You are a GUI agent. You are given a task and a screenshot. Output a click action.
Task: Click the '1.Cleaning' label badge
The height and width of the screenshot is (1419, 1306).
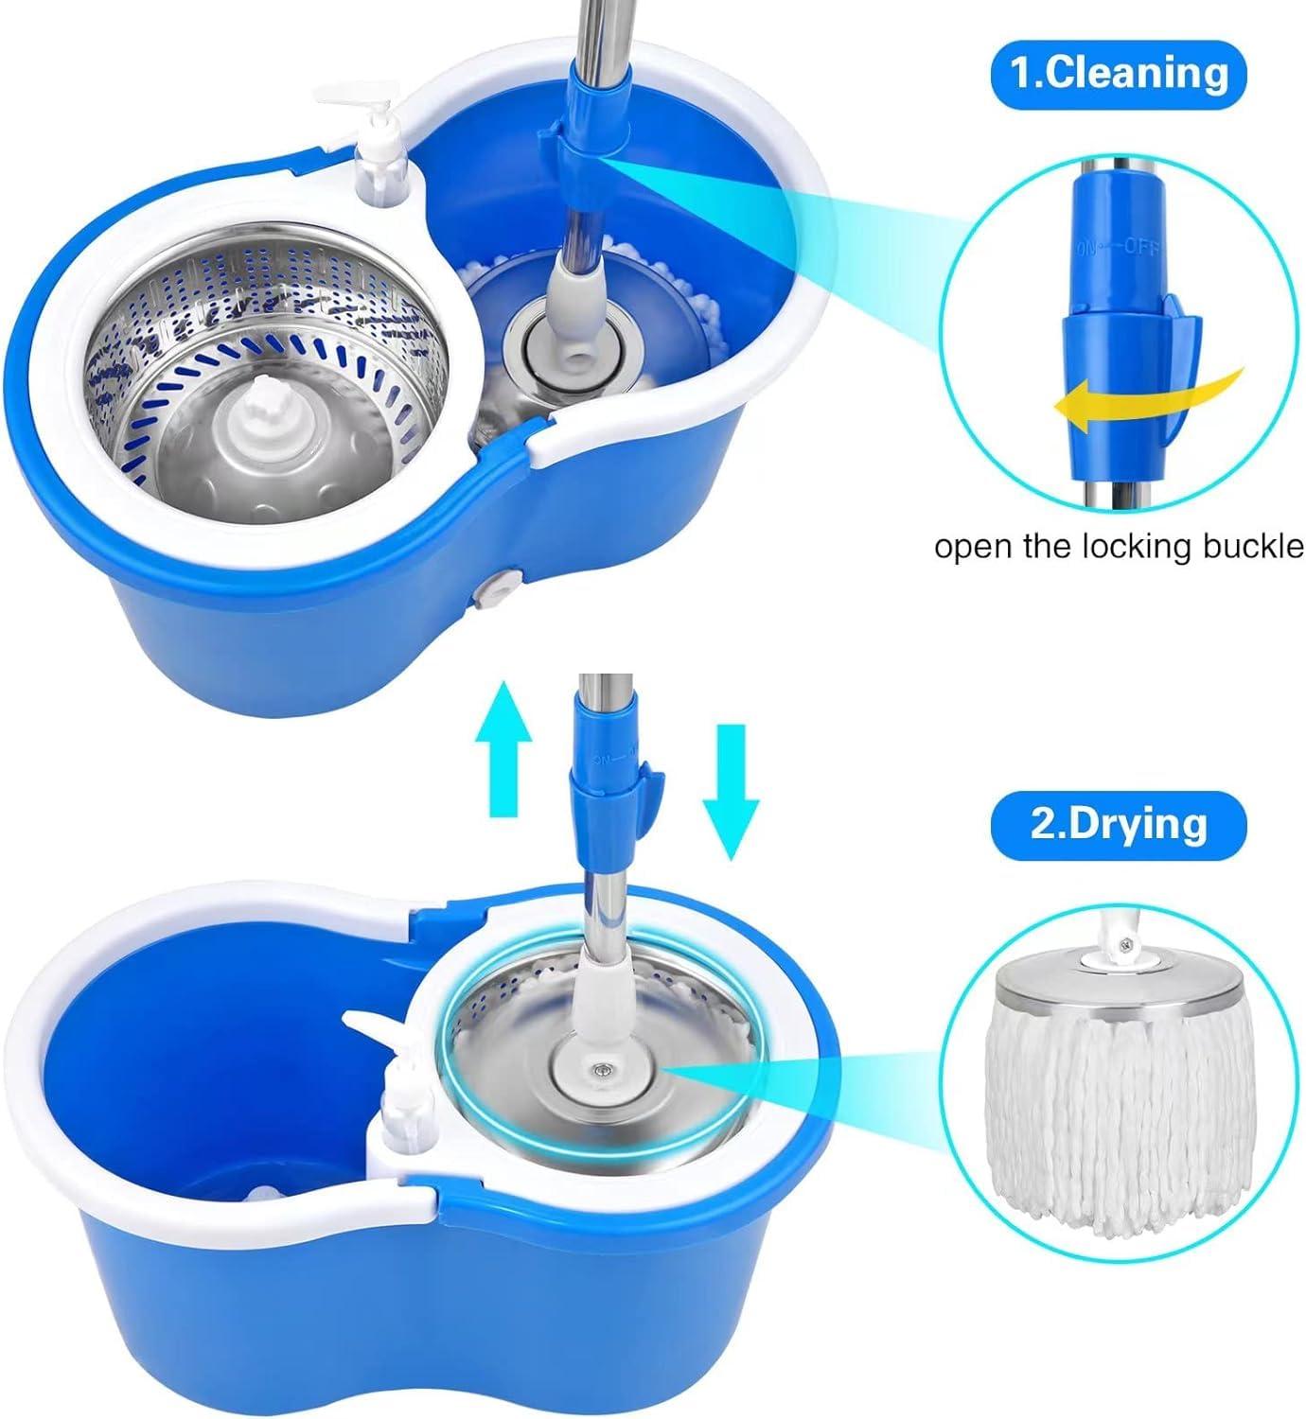pos(1119,72)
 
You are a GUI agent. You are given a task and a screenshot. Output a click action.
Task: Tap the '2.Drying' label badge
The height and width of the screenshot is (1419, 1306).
pos(1119,823)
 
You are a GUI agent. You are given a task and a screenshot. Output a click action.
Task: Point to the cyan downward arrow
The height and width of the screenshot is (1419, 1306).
pos(732,790)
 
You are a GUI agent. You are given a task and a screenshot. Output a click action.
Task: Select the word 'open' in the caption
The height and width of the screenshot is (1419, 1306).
pos(970,546)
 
